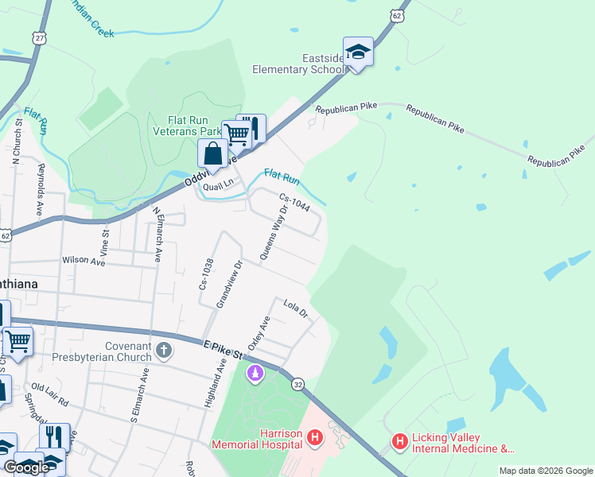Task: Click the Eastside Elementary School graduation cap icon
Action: click(358, 52)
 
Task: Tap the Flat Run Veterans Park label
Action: click(187, 125)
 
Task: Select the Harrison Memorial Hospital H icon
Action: click(316, 437)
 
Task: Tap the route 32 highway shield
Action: click(297, 384)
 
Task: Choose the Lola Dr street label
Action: click(295, 308)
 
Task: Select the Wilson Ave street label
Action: click(84, 261)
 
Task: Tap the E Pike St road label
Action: click(222, 348)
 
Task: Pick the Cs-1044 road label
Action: click(294, 202)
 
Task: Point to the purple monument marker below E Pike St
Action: click(255, 373)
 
